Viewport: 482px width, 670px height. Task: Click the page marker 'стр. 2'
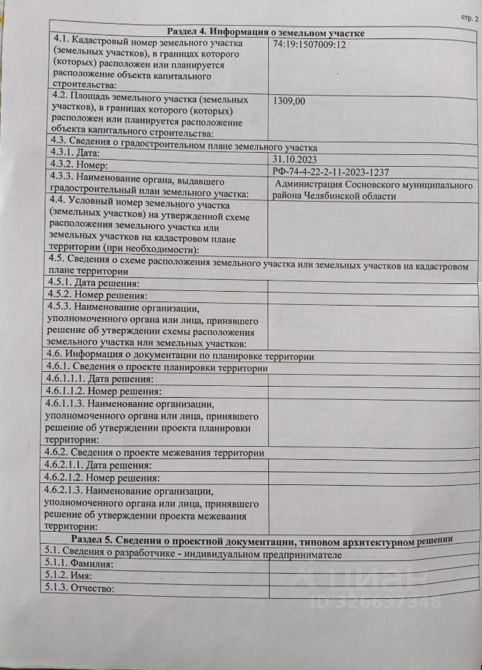click(x=469, y=17)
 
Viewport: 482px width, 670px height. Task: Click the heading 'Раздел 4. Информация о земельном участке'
click(x=265, y=31)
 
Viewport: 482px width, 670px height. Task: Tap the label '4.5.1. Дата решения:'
click(x=93, y=283)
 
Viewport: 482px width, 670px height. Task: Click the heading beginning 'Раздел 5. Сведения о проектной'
click(x=265, y=539)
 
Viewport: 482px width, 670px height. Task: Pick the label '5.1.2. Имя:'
click(x=71, y=576)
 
